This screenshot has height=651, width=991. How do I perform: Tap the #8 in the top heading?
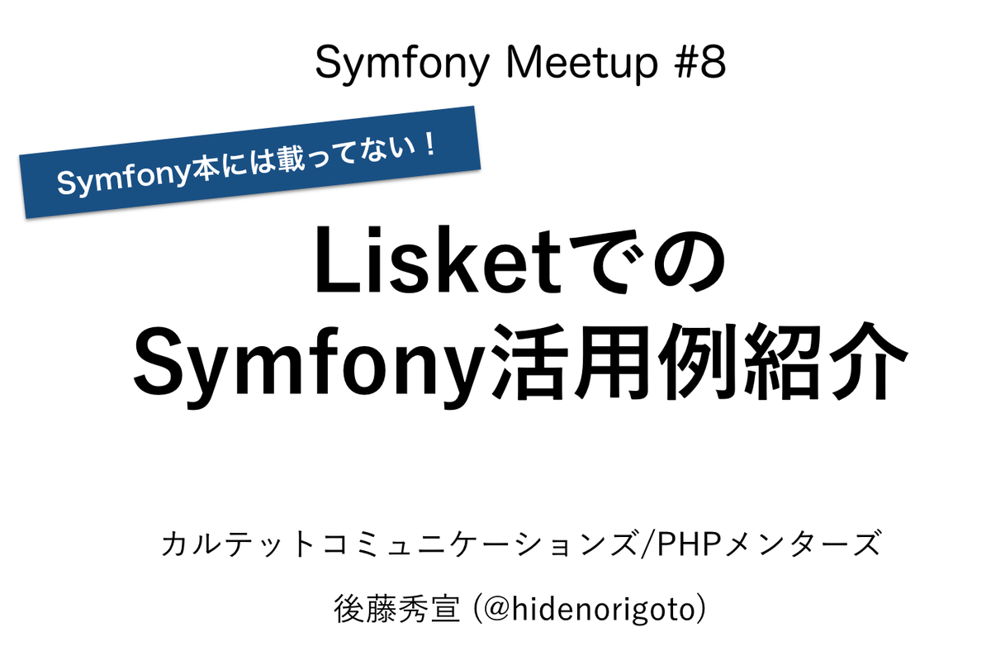[700, 64]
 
